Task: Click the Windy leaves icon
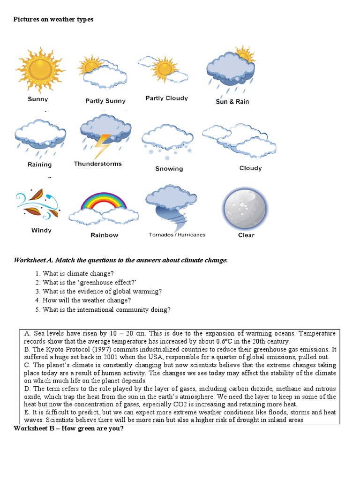(x=37, y=205)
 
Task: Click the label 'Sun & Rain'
(x=232, y=102)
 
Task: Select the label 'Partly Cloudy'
(x=166, y=98)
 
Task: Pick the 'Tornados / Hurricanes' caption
(x=177, y=235)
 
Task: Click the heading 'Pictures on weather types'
(x=53, y=19)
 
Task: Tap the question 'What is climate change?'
(x=78, y=273)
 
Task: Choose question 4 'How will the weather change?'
(x=87, y=300)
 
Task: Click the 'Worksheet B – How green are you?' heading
(x=68, y=428)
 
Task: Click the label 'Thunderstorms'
(x=97, y=164)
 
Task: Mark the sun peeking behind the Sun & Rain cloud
(x=244, y=55)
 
